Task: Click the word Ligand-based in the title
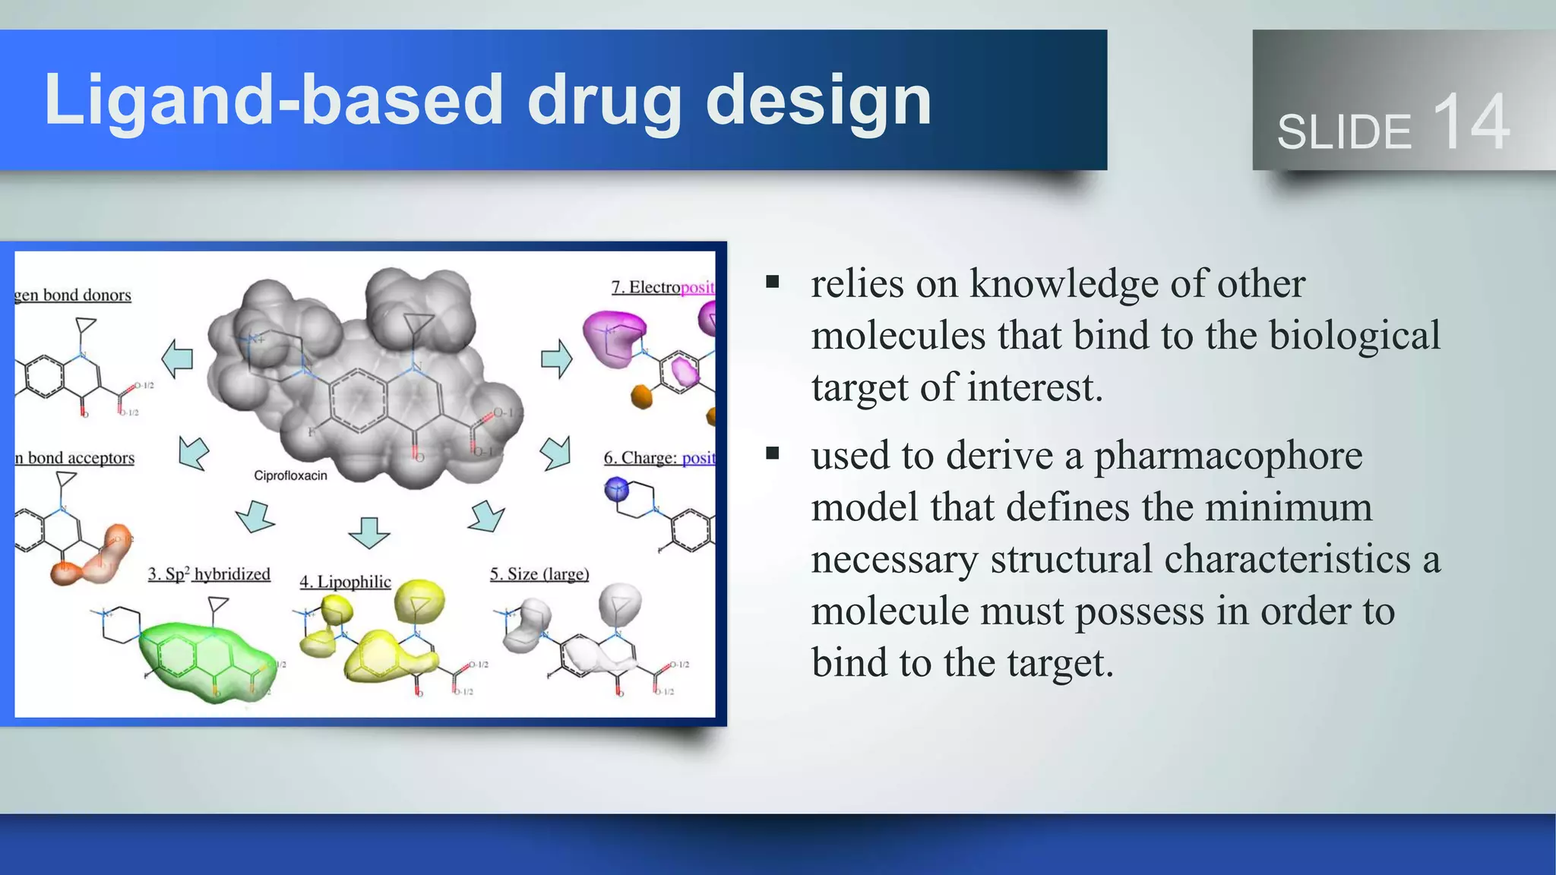pyautogui.click(x=274, y=100)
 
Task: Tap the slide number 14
pyautogui.click(x=1471, y=122)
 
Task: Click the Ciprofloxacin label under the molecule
pyautogui.click(x=290, y=475)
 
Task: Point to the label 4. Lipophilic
pyautogui.click(x=345, y=582)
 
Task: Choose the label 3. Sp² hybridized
pyautogui.click(x=209, y=574)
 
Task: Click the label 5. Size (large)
pyautogui.click(x=539, y=574)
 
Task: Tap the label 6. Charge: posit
pyautogui.click(x=659, y=458)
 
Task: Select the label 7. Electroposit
pyautogui.click(x=663, y=287)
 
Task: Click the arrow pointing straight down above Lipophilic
pyautogui.click(x=369, y=532)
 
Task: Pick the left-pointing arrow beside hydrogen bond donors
pyautogui.click(x=178, y=359)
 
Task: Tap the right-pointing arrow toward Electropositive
pyautogui.click(x=556, y=359)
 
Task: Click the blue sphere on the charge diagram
pyautogui.click(x=617, y=488)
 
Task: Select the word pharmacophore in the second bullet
pyautogui.click(x=1228, y=456)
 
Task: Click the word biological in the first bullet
pyautogui.click(x=1355, y=336)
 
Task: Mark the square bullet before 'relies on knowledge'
pyautogui.click(x=773, y=283)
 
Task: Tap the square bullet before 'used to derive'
pyautogui.click(x=773, y=454)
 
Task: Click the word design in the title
pyautogui.click(x=818, y=100)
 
